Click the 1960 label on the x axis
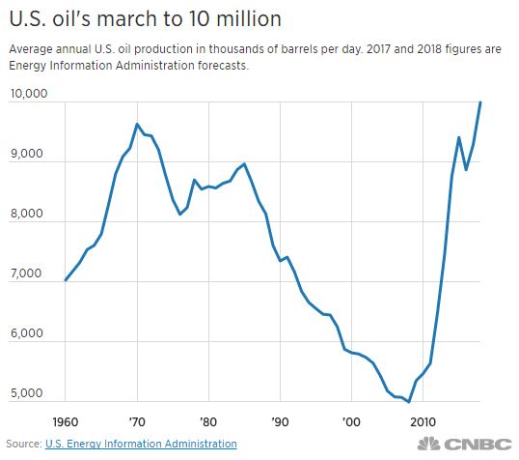coord(67,421)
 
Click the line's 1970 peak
coord(137,124)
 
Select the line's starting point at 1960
coord(66,280)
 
